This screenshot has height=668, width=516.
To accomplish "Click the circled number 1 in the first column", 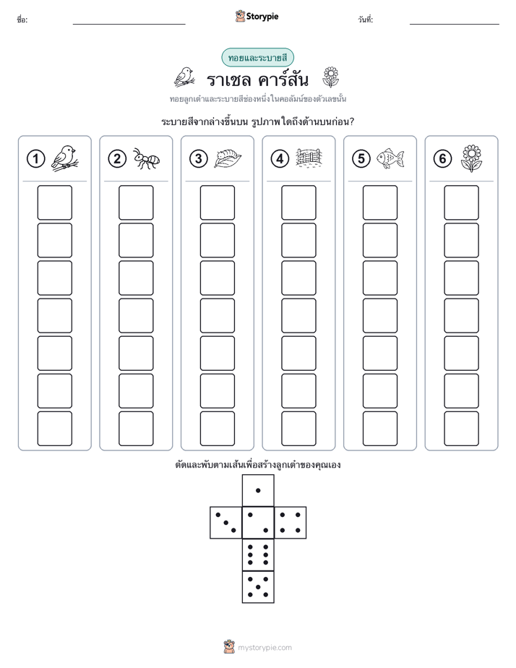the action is tap(35, 159).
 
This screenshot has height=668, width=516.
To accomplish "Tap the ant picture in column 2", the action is tap(146, 158).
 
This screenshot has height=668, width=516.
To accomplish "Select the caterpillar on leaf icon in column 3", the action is tap(228, 158).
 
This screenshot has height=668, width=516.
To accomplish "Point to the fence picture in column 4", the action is tap(309, 158).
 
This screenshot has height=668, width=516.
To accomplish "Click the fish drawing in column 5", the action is tap(390, 158).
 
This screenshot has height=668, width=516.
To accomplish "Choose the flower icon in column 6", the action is tap(471, 158).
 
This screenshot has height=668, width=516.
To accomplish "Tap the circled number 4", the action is tap(280, 159).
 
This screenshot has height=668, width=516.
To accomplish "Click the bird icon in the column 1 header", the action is tap(65, 158).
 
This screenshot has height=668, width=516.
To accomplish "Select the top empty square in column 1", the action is tap(54, 202).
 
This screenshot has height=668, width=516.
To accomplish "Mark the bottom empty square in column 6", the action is tap(462, 429).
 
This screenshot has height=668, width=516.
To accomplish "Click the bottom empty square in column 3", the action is tap(217, 429).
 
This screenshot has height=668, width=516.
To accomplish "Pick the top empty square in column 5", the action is tap(380, 202).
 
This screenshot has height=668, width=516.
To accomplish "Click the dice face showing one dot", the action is tap(258, 491).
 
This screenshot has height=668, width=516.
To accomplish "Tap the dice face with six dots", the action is tap(258, 555).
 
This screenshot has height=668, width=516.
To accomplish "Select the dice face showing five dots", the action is tap(258, 587).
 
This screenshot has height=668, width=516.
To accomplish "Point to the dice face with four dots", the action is tap(291, 523).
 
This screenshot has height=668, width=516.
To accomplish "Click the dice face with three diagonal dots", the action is tap(226, 523).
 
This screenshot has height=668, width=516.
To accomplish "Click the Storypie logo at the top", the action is tap(257, 16).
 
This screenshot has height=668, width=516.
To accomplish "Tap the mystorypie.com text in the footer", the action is tap(265, 648).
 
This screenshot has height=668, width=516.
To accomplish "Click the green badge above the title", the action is tap(257, 58).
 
